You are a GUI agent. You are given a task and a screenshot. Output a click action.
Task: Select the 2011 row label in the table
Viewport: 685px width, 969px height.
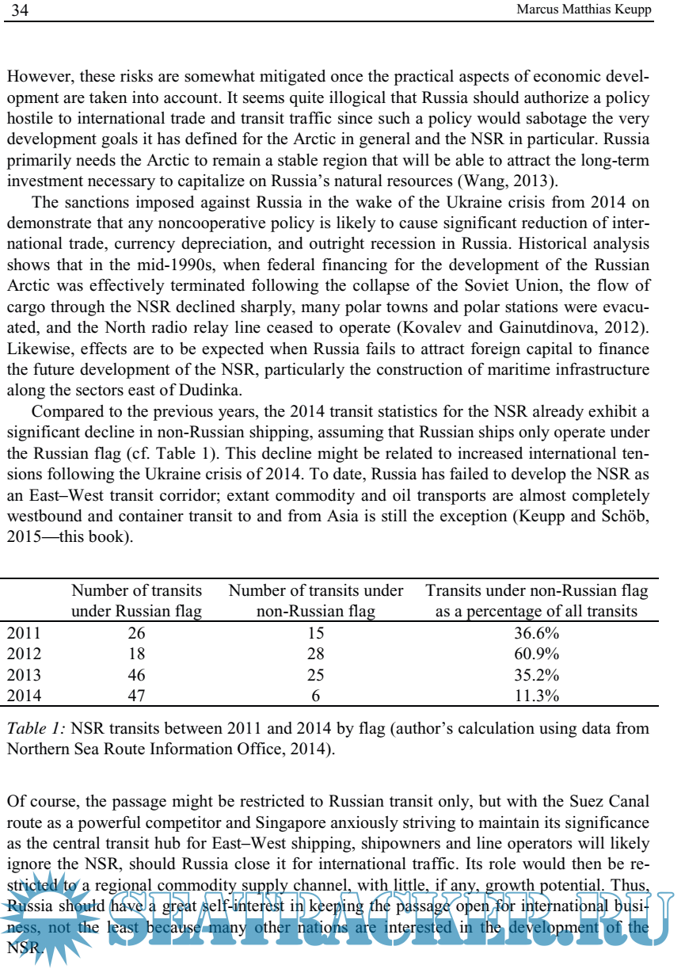[23, 632]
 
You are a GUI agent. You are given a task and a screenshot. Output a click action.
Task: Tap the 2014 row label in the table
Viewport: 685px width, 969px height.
[23, 696]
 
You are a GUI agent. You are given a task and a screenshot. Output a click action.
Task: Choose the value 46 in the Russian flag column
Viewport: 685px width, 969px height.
[137, 675]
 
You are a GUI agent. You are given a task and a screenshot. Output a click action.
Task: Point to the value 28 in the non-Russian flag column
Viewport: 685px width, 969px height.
[315, 654]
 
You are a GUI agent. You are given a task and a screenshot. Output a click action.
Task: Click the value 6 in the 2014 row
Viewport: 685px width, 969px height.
[315, 696]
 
